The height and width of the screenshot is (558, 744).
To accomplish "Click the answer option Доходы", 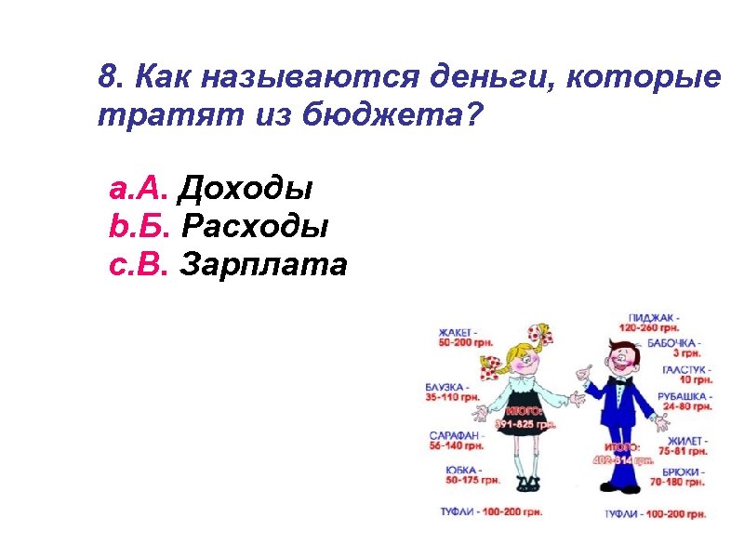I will click(245, 190).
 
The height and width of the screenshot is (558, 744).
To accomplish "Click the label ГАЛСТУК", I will click(687, 369).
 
